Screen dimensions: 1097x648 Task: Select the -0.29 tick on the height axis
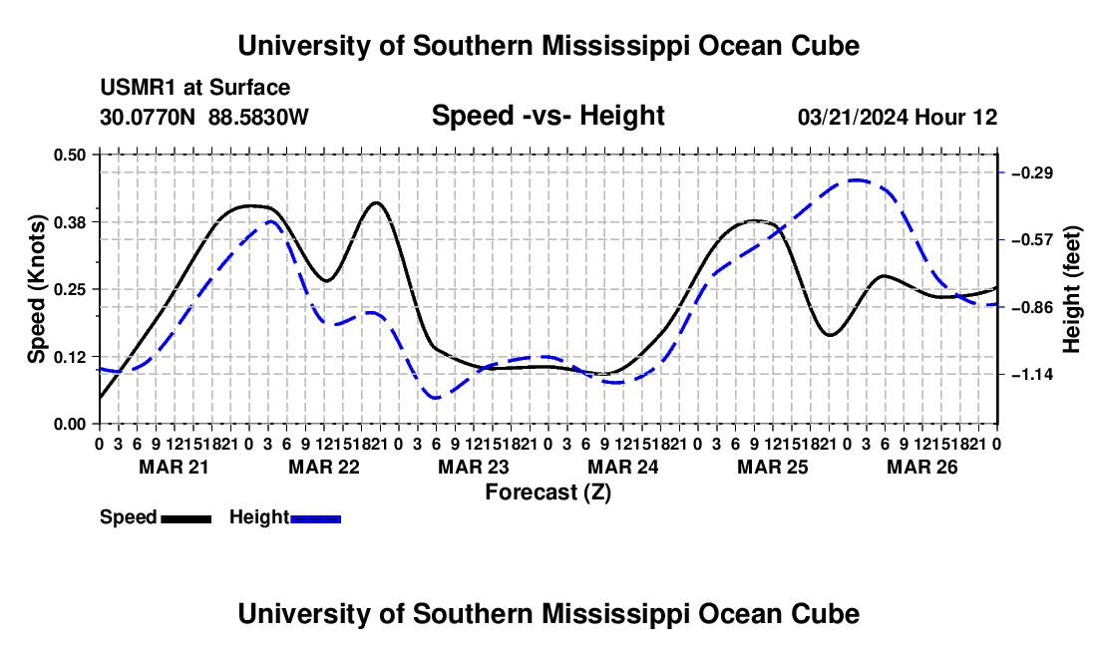(1032, 172)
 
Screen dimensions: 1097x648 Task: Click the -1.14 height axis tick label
(1032, 375)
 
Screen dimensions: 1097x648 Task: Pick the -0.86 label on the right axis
(1032, 308)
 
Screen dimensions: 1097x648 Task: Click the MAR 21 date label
(174, 467)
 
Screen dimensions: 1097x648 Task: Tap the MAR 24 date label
(622, 467)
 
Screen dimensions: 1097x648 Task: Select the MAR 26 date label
(922, 467)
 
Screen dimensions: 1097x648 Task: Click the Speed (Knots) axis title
(36, 289)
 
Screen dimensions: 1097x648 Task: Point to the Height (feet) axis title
(1072, 289)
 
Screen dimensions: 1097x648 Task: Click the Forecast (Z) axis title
(548, 492)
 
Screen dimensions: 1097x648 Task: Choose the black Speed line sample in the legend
(186, 518)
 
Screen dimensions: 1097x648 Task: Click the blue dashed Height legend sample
(315, 518)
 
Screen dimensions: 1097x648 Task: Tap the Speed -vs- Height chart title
(548, 116)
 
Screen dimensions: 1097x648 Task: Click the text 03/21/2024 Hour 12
(898, 117)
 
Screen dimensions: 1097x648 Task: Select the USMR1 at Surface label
(194, 88)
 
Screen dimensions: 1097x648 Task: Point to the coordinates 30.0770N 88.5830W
(203, 117)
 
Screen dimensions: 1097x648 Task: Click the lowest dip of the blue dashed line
(435, 398)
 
